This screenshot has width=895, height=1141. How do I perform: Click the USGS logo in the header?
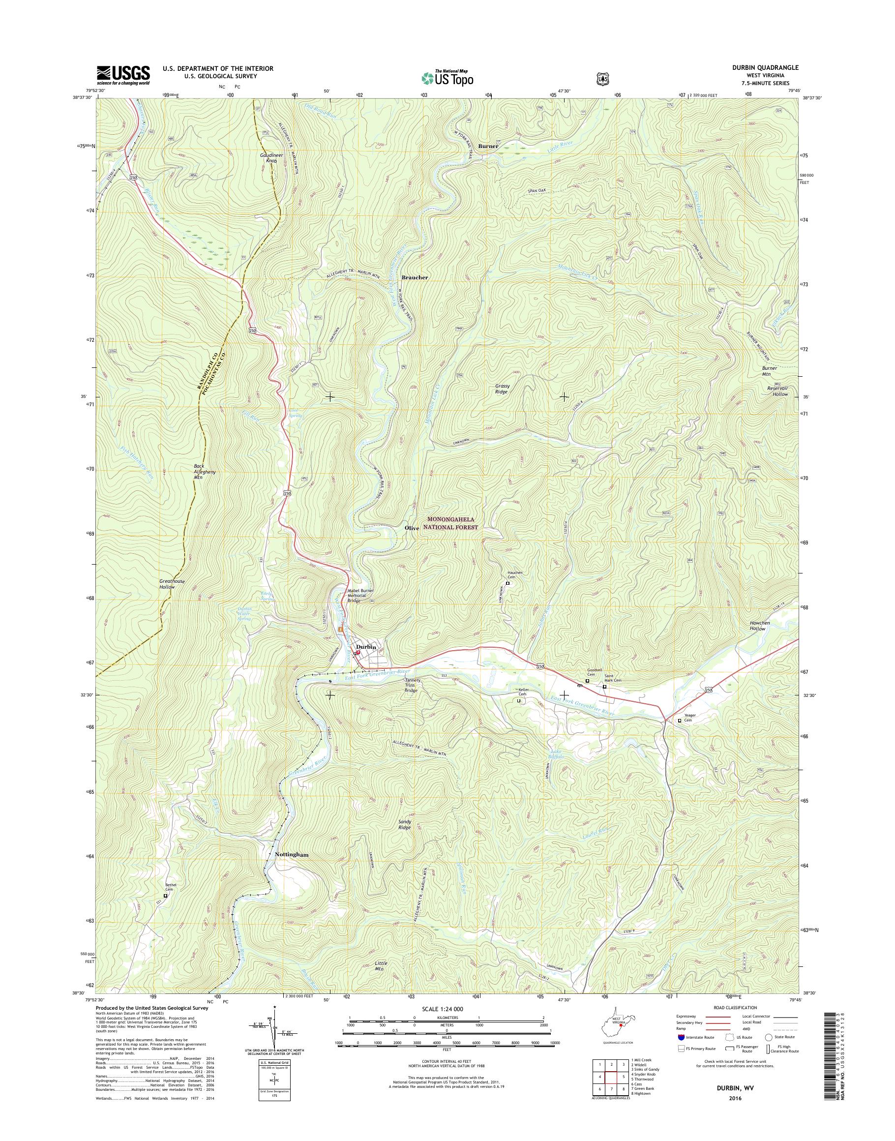(x=122, y=75)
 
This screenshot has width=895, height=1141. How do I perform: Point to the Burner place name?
(x=487, y=146)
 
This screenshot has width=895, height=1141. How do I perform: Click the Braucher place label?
(x=415, y=277)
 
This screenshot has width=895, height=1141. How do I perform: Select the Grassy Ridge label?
(x=502, y=389)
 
